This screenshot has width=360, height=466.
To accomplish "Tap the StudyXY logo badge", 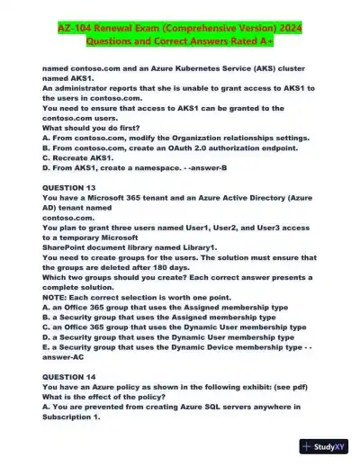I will (x=326, y=447).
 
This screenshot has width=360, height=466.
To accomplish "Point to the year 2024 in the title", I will (x=290, y=30).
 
